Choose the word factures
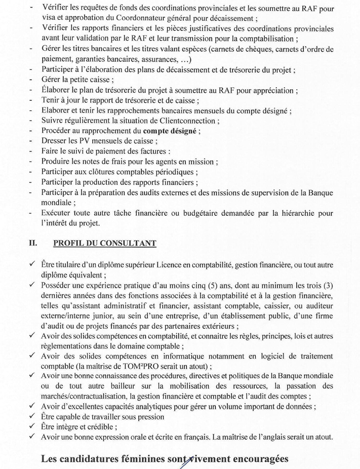[x=154, y=151]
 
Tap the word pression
[x=149, y=417]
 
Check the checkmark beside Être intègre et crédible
[x=33, y=427]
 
